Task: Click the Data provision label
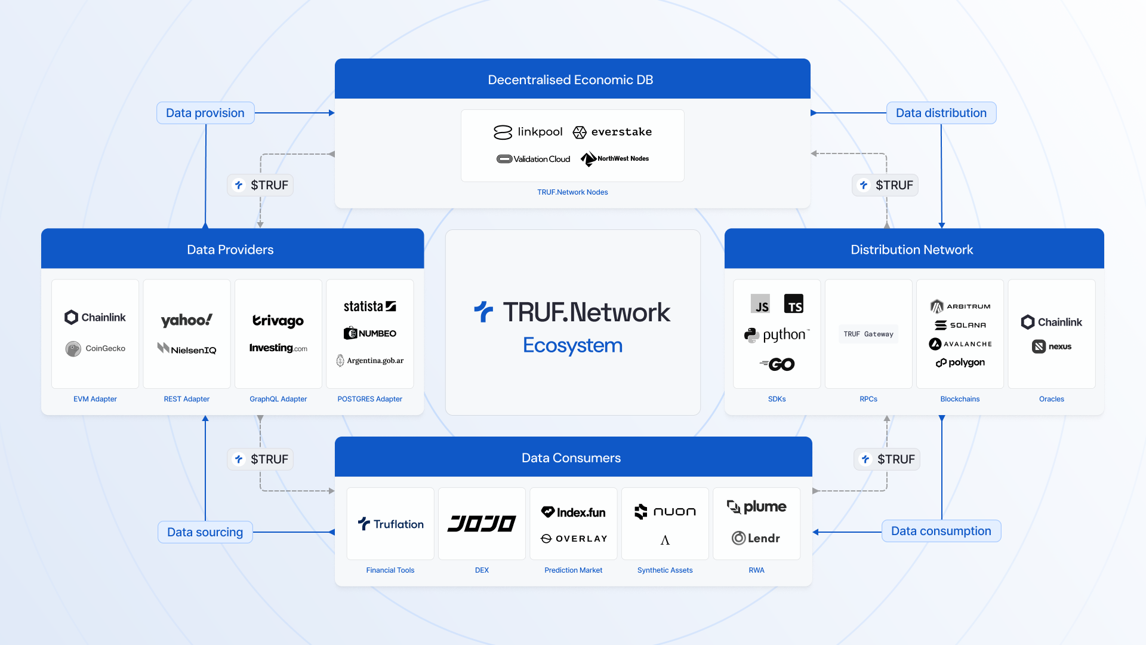(x=205, y=113)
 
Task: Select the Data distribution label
(x=941, y=113)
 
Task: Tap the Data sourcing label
(x=205, y=532)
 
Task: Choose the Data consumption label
(x=941, y=531)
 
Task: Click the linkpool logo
(x=528, y=132)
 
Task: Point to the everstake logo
(x=612, y=132)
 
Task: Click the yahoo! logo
(x=186, y=321)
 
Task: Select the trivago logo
(x=278, y=321)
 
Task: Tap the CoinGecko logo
(x=95, y=348)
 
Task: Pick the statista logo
(x=369, y=306)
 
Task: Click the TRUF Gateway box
(x=868, y=334)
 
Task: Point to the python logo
(x=777, y=334)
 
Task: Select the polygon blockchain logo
(x=960, y=363)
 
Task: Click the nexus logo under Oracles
(x=1052, y=346)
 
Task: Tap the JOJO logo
(x=482, y=524)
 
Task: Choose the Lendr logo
(x=756, y=538)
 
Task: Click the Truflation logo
(x=390, y=524)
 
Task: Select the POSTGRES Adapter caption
(x=369, y=399)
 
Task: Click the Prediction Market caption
(x=573, y=570)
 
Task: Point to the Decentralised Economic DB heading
(x=570, y=80)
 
